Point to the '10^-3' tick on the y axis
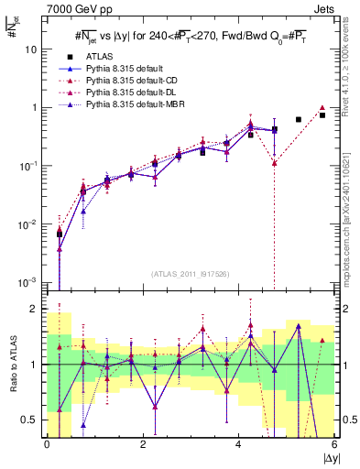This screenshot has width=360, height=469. coord(29,282)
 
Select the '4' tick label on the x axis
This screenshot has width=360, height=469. coord(238,444)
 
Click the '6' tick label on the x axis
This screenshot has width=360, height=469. coord(334,444)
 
